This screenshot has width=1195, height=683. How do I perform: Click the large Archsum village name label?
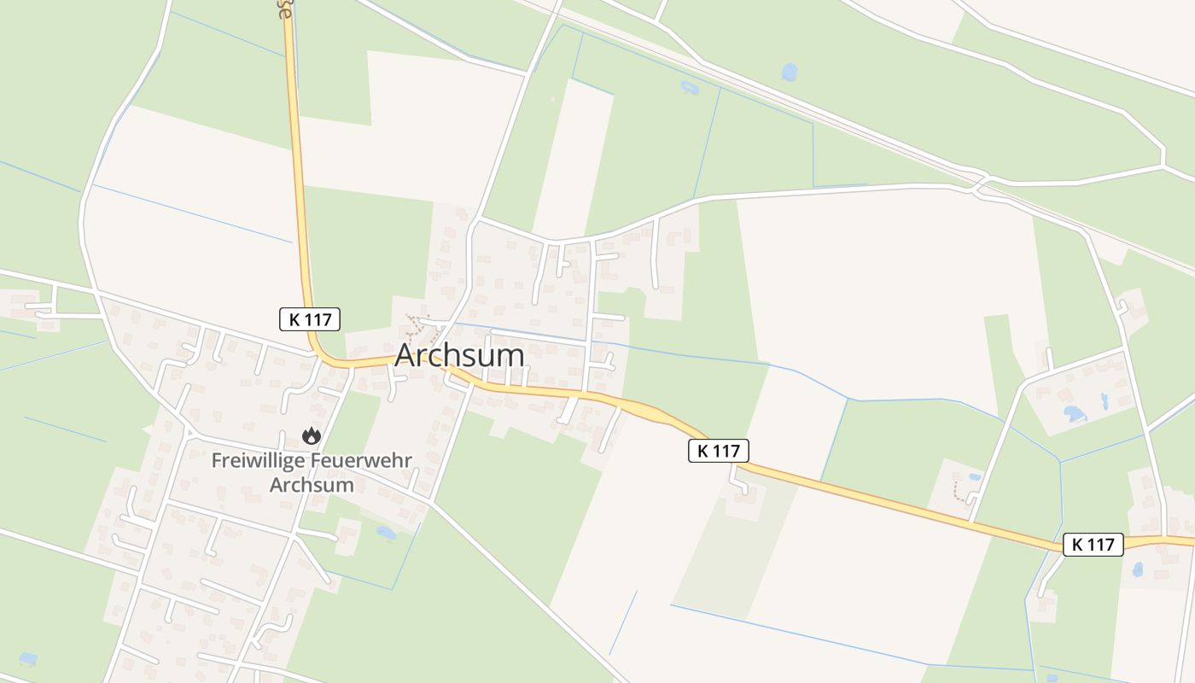[x=459, y=355]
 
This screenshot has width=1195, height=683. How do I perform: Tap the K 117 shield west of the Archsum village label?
[x=310, y=319]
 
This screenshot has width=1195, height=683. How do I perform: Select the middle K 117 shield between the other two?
[x=718, y=451]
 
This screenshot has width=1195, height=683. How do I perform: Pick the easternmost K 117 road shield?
[x=1093, y=545]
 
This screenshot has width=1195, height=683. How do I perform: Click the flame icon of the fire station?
[x=312, y=435]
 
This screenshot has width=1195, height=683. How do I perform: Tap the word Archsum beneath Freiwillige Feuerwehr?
[x=312, y=485]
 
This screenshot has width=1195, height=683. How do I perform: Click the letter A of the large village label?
[x=406, y=355]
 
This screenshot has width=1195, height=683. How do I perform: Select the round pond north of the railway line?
[x=790, y=72]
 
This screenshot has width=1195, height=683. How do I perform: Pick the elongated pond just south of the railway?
[x=690, y=87]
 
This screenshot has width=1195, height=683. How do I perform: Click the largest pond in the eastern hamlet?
[x=1074, y=414]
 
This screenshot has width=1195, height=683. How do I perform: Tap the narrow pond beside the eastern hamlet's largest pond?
[x=1104, y=400]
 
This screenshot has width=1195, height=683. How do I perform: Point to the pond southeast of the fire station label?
[x=386, y=533]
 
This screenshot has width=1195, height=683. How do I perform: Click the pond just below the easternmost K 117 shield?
[x=1137, y=569]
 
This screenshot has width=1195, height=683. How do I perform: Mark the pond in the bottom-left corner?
[x=28, y=659]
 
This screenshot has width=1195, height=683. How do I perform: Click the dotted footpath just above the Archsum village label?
[x=417, y=325]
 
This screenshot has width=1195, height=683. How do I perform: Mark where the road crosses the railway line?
[x=980, y=182]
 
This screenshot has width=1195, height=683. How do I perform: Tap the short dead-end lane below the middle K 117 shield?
[x=738, y=483]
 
